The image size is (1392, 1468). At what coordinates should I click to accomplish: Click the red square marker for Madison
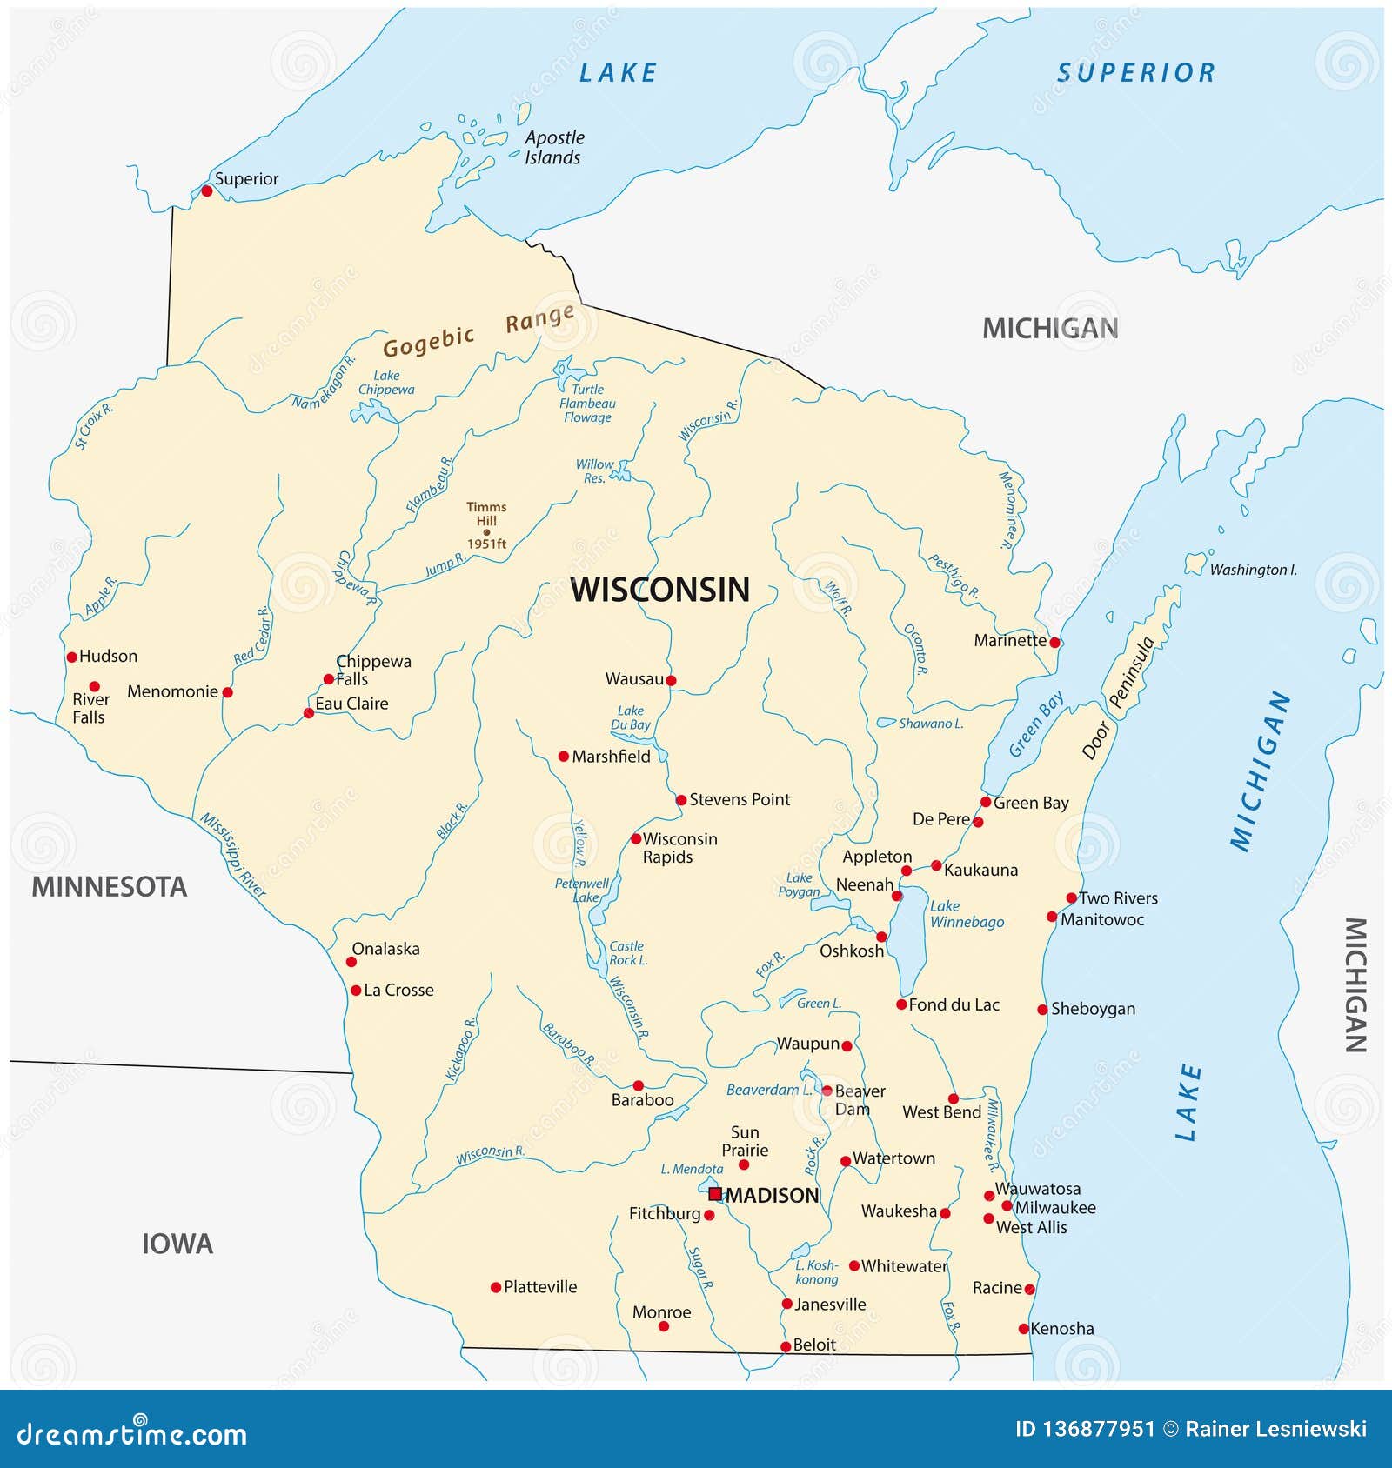tap(715, 1194)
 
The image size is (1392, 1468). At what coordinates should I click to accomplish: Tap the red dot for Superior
tap(206, 190)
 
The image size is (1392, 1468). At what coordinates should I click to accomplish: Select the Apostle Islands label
tap(553, 148)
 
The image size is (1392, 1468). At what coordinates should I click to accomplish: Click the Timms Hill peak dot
tap(486, 532)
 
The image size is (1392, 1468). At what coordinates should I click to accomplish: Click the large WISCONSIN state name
tap(659, 590)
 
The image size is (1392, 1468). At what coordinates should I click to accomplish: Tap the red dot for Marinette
tap(1054, 643)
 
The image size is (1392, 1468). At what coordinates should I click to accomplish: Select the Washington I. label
tap(1252, 570)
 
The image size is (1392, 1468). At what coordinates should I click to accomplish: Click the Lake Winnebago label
tap(966, 914)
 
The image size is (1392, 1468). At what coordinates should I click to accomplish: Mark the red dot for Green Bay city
tap(986, 802)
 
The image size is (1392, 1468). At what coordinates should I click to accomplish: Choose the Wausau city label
tap(634, 678)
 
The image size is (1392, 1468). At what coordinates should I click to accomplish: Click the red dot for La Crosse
tap(356, 991)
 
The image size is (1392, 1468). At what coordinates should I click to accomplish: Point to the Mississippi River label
tap(232, 855)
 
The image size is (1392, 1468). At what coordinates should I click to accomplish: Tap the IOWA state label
tap(177, 1244)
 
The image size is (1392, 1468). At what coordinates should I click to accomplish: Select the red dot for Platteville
tap(496, 1287)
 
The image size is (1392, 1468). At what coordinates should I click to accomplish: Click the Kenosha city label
tap(1062, 1328)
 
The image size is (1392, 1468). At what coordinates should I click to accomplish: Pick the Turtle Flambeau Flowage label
tap(587, 404)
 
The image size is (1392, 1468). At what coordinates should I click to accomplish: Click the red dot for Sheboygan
tap(1042, 1010)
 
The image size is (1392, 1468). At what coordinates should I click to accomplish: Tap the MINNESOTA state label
tap(110, 887)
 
